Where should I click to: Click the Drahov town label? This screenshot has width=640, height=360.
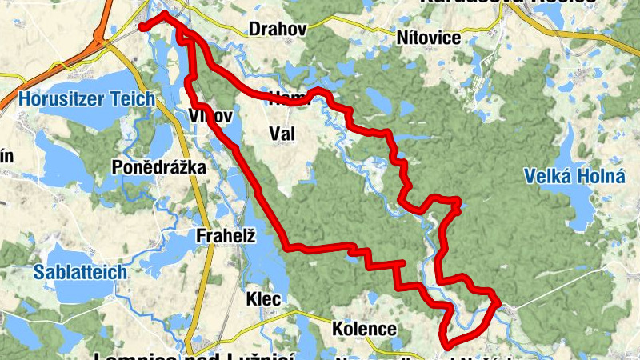(x=278, y=29)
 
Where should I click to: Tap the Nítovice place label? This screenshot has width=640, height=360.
(x=428, y=38)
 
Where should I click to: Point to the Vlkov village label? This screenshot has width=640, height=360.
(x=211, y=116)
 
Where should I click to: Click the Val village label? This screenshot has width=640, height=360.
(x=282, y=134)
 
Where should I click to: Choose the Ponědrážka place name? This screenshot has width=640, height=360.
(x=159, y=167)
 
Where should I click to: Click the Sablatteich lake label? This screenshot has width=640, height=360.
(x=80, y=272)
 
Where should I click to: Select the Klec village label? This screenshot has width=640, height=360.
(x=264, y=299)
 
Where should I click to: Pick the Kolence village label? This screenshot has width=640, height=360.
(x=365, y=329)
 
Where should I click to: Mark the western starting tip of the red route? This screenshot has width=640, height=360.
(x=142, y=27)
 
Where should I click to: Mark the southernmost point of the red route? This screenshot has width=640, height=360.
(x=446, y=346)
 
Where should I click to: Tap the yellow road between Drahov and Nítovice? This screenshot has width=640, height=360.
(x=352, y=31)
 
